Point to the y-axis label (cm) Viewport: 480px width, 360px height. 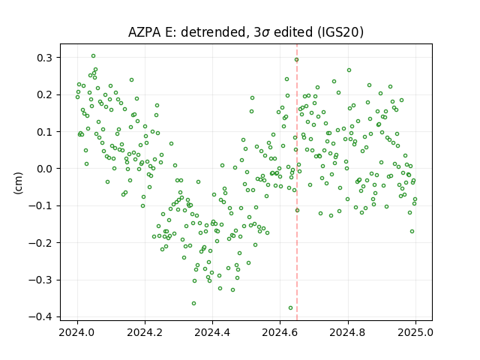point(18,183)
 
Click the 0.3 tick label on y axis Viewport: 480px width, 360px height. point(45,58)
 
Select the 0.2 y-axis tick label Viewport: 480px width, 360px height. point(45,94)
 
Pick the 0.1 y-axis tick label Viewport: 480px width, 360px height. point(45,132)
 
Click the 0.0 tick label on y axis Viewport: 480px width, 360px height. point(45,169)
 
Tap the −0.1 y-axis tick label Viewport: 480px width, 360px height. point(41,205)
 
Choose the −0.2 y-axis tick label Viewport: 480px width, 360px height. point(41,243)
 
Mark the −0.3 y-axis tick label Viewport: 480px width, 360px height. point(41,280)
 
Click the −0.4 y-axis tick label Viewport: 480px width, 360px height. point(41,316)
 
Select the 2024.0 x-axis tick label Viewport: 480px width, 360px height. point(77,332)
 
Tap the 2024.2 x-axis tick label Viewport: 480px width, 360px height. point(145,332)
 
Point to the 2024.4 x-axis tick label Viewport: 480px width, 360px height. point(212,332)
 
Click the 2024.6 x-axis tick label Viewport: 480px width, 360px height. point(280,332)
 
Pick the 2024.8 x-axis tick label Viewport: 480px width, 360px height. point(348,332)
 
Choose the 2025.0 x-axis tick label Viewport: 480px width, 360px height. point(415,332)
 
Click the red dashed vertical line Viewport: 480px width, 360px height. point(297,182)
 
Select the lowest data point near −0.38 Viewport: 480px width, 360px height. point(290,308)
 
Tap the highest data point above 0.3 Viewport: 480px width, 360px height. point(93,56)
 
